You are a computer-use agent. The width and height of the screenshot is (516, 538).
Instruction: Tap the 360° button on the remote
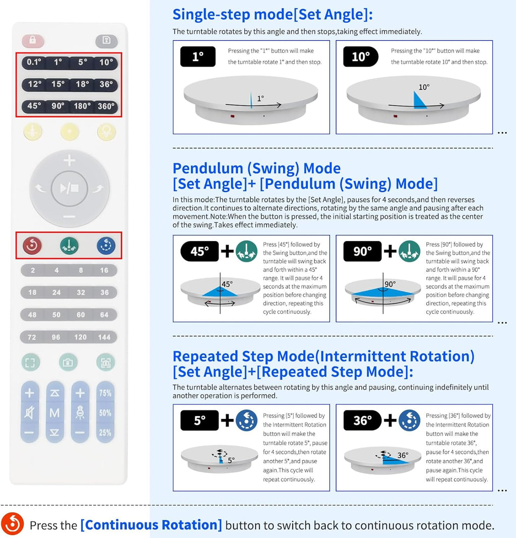coord(106,106)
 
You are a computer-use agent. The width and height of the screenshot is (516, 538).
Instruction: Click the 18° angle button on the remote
coord(82,84)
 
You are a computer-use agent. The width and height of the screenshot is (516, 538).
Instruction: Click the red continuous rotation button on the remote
coord(32,246)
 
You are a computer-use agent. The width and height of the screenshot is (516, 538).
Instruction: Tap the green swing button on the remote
coord(69,246)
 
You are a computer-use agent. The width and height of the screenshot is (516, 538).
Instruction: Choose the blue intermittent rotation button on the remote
coord(106,246)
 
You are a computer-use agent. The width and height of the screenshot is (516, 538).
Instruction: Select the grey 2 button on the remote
coord(33,270)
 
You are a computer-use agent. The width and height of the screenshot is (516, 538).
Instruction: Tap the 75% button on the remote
coord(105,393)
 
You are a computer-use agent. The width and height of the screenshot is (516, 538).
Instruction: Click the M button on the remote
coord(54,413)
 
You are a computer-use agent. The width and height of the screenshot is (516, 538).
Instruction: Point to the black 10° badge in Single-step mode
coord(361,57)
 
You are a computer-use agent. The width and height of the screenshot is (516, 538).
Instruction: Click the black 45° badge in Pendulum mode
coord(200,251)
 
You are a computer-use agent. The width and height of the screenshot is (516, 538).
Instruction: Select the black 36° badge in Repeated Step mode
coord(362,421)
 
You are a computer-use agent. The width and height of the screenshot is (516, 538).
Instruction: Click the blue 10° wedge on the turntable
coord(419,100)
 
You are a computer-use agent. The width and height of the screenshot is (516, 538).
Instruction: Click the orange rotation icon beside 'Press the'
coord(12,524)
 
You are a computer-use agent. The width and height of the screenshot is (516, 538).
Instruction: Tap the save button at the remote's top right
coord(106,41)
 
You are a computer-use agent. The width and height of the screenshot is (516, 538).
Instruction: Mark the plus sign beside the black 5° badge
coord(227,420)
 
